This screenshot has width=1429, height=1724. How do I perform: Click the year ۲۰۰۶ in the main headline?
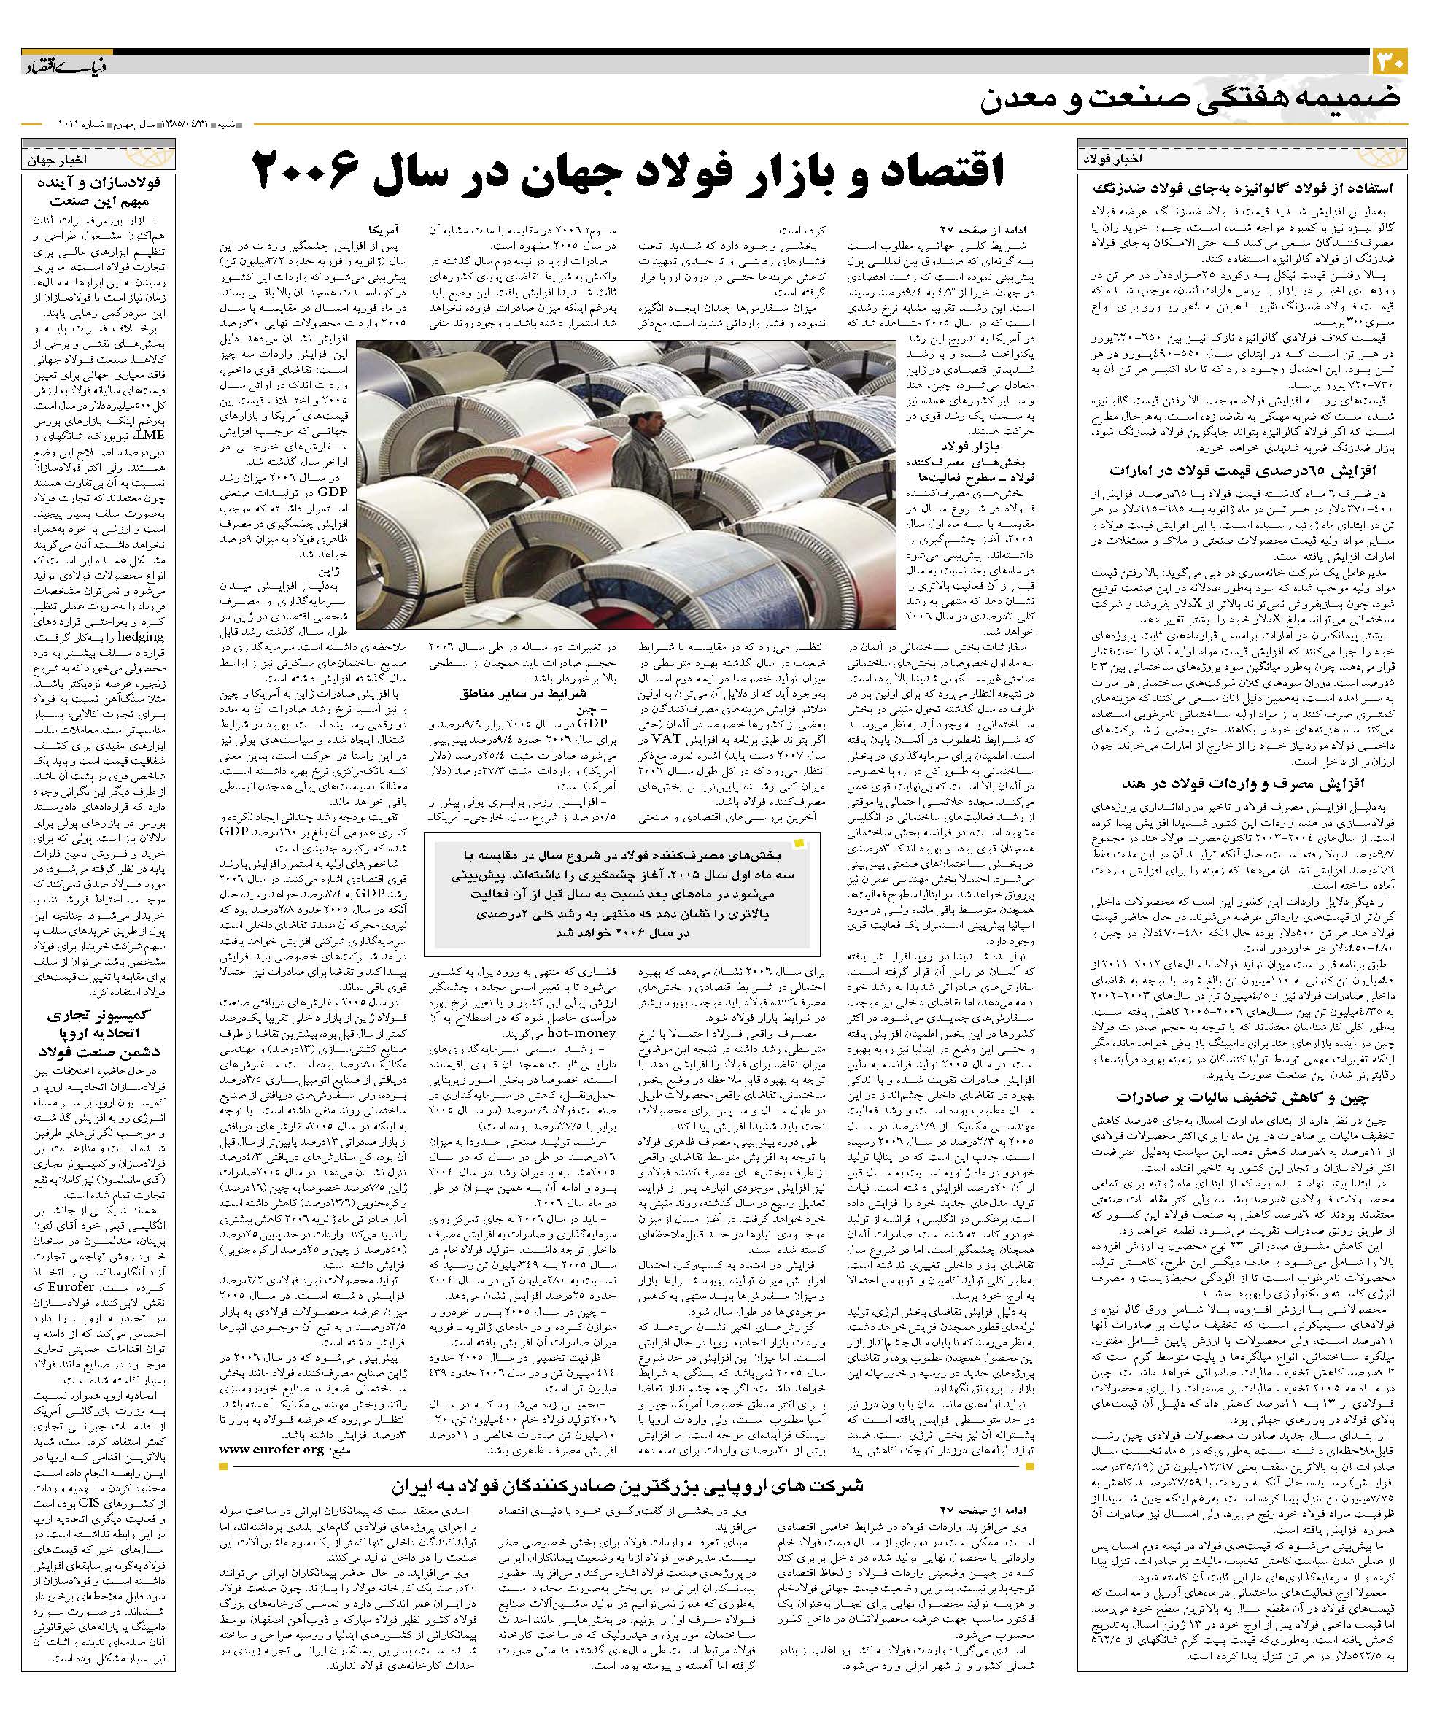pos(308,171)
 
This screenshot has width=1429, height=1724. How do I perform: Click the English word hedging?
pos(142,636)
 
